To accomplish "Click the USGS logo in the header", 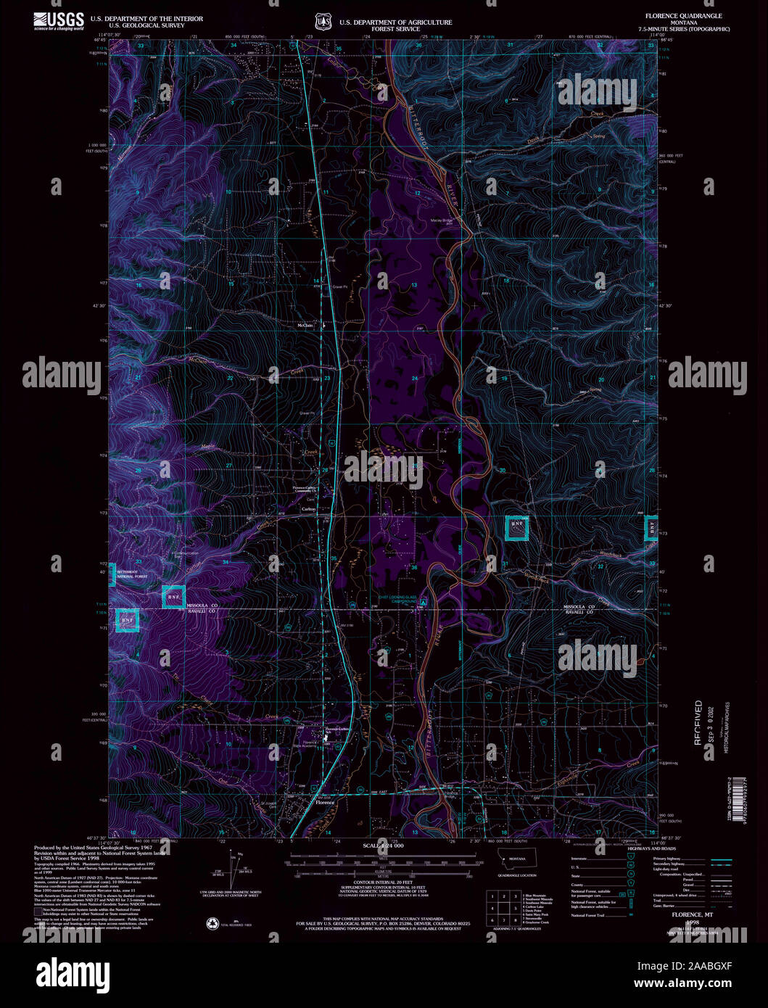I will pos(58,22).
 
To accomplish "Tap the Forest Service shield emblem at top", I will pos(322,22).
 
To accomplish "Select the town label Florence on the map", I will pos(324,803).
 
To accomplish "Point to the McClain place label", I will pos(305,326).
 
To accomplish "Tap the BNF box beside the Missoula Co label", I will pos(173,597).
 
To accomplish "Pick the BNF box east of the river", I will pos(516,527).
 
